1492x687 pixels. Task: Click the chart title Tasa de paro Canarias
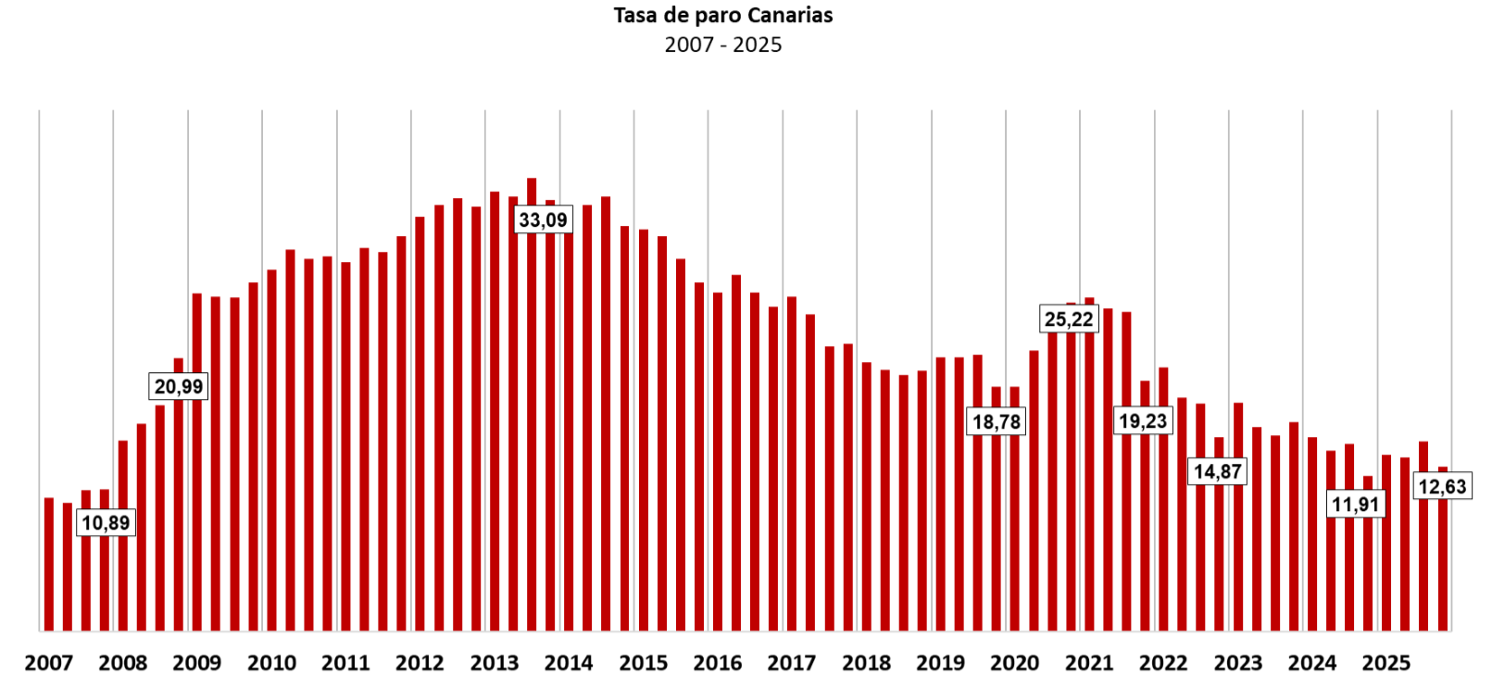point(722,16)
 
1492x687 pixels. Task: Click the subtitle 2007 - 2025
point(722,44)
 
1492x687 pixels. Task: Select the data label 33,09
point(543,219)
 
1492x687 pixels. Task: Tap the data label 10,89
point(106,522)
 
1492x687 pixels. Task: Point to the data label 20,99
point(179,386)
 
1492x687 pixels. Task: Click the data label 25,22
point(1069,319)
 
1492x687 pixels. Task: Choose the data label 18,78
point(996,421)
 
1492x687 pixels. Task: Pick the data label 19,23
point(1143,420)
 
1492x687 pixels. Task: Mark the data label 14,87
point(1217,471)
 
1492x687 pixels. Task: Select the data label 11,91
point(1356,505)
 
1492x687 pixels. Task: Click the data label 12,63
point(1442,487)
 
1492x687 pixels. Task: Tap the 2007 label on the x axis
point(49,663)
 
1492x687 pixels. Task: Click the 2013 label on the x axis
point(495,663)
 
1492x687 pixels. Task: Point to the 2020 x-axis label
point(1014,663)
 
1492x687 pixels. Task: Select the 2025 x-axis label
point(1386,663)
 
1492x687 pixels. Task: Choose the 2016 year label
point(718,663)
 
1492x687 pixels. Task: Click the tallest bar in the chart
point(532,404)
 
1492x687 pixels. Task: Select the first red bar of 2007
point(49,564)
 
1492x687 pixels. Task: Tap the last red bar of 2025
point(1443,548)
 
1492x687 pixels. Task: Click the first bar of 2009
point(197,462)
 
